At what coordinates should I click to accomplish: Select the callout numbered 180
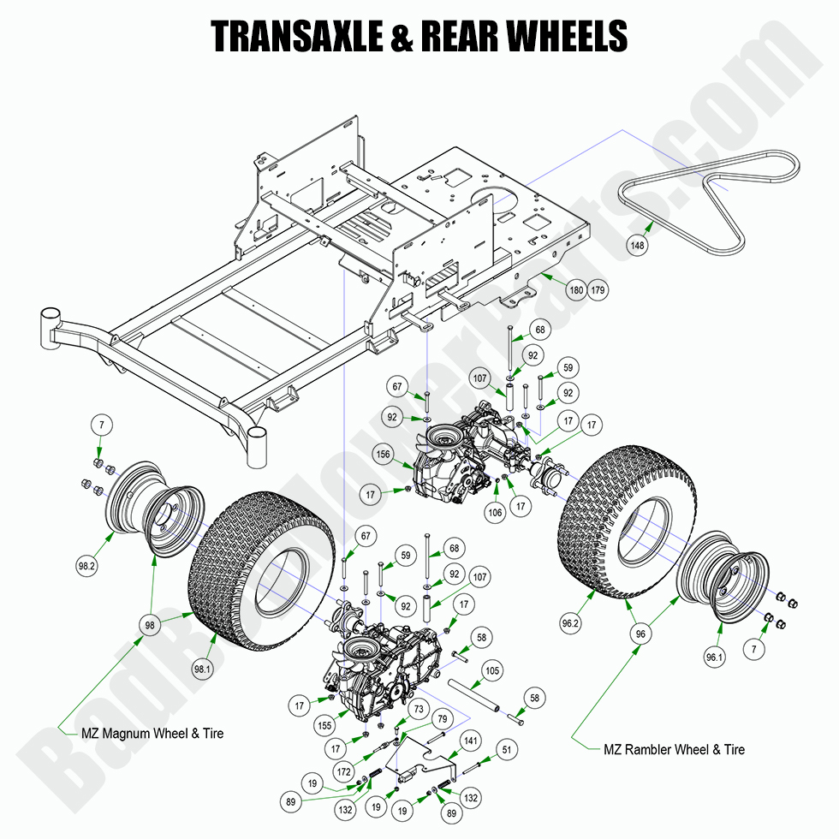click(x=576, y=290)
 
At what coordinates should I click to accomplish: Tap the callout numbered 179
click(x=598, y=290)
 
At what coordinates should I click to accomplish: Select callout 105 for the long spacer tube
click(x=491, y=670)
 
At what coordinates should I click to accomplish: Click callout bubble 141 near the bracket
click(x=471, y=740)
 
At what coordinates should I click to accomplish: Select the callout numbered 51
click(x=507, y=750)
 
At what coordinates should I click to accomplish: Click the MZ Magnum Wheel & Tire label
click(x=152, y=734)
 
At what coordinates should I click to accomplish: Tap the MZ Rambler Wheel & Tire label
click(x=674, y=750)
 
